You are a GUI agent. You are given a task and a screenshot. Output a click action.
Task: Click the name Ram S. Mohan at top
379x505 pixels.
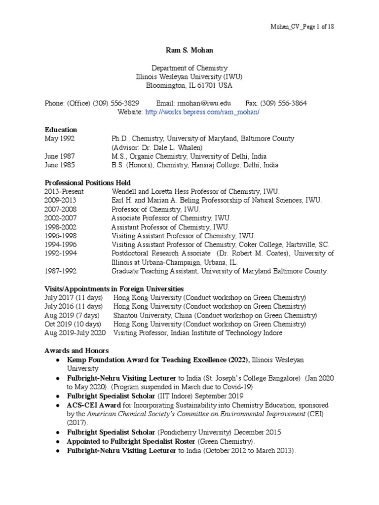click(x=189, y=50)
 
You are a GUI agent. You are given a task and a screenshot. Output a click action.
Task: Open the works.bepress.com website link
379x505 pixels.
click(x=202, y=112)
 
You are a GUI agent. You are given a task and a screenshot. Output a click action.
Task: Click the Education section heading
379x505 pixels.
click(x=61, y=130)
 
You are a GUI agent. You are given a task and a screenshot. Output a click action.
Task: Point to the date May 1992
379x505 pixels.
click(x=60, y=139)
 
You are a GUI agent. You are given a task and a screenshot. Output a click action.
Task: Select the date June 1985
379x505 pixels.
click(x=60, y=165)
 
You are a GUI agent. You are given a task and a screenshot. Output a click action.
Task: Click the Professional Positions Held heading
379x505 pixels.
click(x=87, y=183)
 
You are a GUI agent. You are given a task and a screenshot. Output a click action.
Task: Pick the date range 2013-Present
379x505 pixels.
click(x=64, y=191)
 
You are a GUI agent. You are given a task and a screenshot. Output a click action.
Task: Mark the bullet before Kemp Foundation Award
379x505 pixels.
click(x=59, y=360)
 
